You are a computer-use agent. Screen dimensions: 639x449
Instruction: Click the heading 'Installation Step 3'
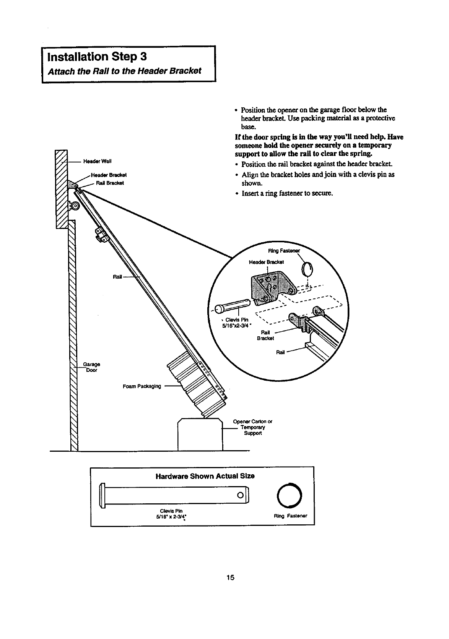[x=96, y=57]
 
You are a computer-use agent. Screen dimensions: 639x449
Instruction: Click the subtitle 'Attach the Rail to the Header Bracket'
[x=124, y=71]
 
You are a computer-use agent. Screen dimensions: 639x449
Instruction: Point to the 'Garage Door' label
[x=92, y=367]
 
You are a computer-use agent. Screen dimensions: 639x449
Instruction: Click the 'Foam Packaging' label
[x=142, y=386]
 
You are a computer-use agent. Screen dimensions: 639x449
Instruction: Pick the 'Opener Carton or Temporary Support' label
[x=252, y=428]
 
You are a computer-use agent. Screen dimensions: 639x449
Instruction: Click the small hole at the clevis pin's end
[x=240, y=496]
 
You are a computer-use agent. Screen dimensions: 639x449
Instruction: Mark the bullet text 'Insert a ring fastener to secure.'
[x=287, y=193]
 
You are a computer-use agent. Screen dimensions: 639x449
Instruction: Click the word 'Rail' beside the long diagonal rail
[x=118, y=277]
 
